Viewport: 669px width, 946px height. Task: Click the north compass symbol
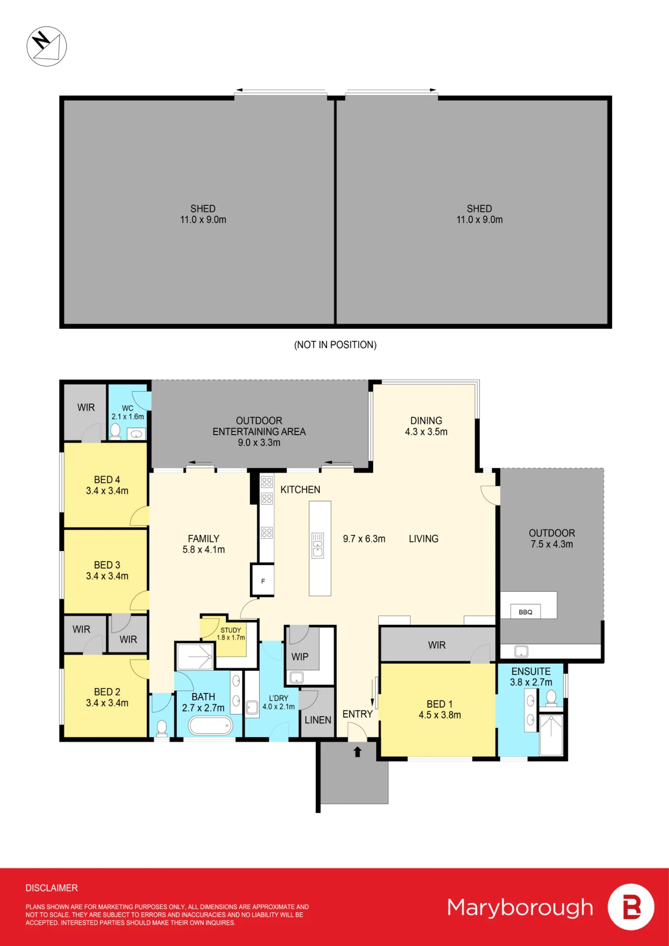[46, 46]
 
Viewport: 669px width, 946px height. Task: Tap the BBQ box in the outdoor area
[525, 612]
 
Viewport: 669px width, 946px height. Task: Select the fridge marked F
[263, 580]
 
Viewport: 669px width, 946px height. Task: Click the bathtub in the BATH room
[211, 725]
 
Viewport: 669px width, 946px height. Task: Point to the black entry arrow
[358, 752]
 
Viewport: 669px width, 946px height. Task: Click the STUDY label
[231, 630]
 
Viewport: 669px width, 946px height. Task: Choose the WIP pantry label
[300, 657]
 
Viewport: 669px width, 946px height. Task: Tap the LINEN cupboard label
[318, 720]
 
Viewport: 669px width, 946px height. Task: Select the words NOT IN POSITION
[335, 345]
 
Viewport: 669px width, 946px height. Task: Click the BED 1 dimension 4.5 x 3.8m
[440, 715]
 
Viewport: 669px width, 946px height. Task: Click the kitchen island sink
[318, 545]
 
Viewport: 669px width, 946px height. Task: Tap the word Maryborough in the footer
[520, 908]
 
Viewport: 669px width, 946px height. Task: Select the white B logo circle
[631, 907]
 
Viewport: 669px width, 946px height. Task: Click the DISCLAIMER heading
[52, 888]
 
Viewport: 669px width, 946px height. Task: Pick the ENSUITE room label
[531, 672]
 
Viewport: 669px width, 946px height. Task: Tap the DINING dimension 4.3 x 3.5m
[426, 432]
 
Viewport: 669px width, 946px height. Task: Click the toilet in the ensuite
[551, 698]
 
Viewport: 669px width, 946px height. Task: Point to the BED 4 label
[107, 480]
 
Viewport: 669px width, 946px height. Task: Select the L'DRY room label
[279, 698]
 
